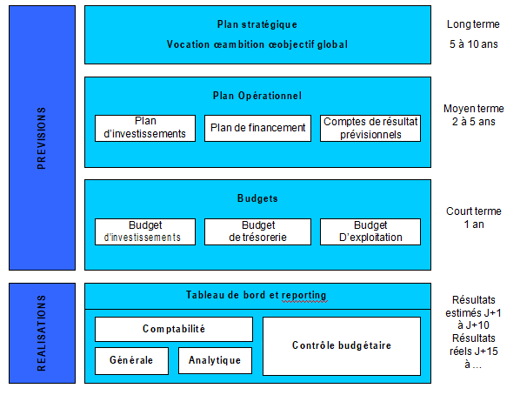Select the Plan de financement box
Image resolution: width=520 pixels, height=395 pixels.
[258, 128]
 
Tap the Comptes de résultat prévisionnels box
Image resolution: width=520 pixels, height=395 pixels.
[370, 128]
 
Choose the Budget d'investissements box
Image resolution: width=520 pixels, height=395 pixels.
[144, 231]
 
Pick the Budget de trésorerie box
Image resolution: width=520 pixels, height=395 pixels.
[257, 231]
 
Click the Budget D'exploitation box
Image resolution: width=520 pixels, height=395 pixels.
[370, 231]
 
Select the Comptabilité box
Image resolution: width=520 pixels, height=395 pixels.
[174, 329]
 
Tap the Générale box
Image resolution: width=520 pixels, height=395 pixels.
[131, 359]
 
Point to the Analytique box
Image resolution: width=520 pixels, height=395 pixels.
[215, 359]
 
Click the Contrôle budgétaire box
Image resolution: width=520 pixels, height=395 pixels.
[341, 345]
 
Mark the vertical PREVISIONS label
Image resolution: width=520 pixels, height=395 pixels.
[43, 138]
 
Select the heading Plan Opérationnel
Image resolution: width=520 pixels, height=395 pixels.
[257, 95]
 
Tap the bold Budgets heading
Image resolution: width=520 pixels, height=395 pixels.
[257, 198]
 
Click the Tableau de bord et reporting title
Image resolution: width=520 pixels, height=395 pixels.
[257, 296]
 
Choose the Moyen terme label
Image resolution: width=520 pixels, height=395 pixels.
[472, 109]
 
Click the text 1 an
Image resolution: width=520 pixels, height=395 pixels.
[472, 224]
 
